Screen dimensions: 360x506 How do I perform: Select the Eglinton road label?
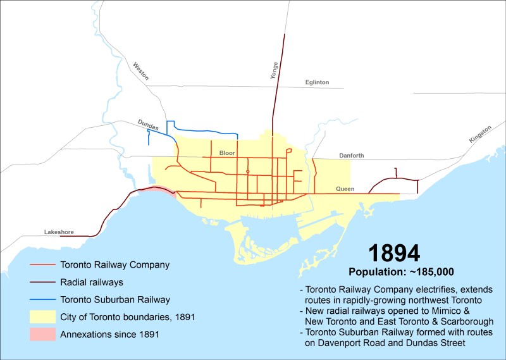pos(317,82)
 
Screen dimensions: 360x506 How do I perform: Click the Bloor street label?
pos(226,153)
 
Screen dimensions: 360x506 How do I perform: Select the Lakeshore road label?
pos(59,232)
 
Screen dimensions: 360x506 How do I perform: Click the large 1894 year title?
pos(394,253)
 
